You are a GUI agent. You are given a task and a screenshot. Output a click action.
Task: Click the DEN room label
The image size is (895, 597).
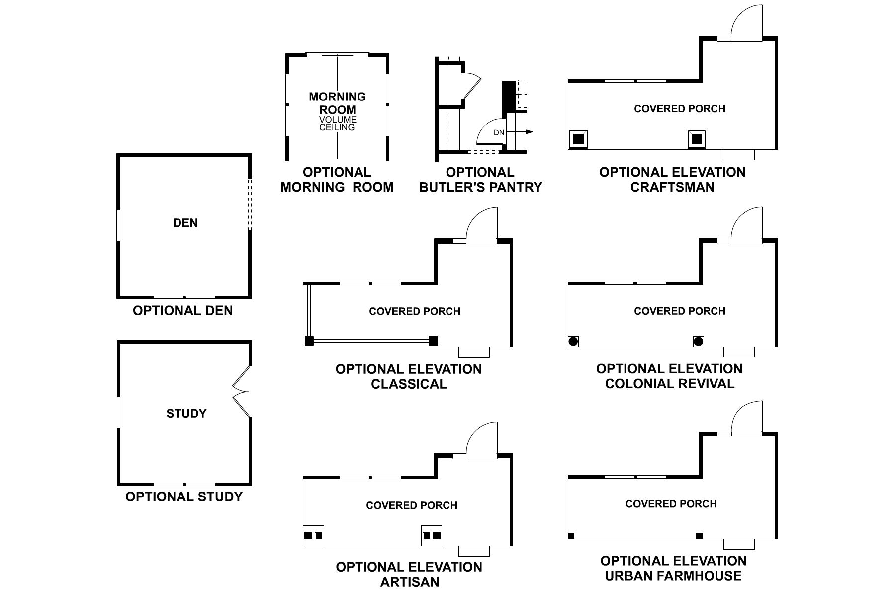click(x=185, y=223)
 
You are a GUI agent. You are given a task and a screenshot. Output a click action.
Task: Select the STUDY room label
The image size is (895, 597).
click(x=186, y=413)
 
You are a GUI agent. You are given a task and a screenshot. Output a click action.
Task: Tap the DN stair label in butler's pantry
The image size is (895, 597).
click(x=499, y=133)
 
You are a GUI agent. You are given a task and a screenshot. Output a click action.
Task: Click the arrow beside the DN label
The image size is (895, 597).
click(x=528, y=132)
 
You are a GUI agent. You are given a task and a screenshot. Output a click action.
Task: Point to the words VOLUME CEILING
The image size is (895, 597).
click(x=338, y=124)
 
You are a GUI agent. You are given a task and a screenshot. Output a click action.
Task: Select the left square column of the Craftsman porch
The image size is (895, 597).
click(x=578, y=139)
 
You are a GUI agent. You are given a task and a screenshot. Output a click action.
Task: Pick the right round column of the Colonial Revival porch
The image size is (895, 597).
click(x=698, y=341)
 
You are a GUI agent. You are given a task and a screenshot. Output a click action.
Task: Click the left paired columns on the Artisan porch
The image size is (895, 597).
click(x=313, y=536)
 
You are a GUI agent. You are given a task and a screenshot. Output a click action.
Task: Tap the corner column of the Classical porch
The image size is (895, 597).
click(x=309, y=341)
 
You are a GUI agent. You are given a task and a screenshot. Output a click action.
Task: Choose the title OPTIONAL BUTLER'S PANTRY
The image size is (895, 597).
click(x=480, y=180)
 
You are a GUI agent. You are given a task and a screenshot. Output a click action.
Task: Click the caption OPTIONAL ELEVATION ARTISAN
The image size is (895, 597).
click(x=409, y=574)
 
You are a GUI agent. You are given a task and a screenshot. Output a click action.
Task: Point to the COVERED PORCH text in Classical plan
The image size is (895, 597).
click(x=415, y=311)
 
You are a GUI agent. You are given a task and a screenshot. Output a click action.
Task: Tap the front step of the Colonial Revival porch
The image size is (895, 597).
click(x=739, y=352)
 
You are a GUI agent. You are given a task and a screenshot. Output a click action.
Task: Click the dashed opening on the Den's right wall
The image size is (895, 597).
click(x=250, y=204)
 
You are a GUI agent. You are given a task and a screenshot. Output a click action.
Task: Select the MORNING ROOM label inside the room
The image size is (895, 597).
click(x=338, y=103)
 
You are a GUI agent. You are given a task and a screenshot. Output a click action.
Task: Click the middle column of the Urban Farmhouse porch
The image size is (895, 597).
click(x=700, y=536)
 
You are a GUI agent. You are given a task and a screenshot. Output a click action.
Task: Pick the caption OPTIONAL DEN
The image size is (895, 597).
click(x=183, y=311)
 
